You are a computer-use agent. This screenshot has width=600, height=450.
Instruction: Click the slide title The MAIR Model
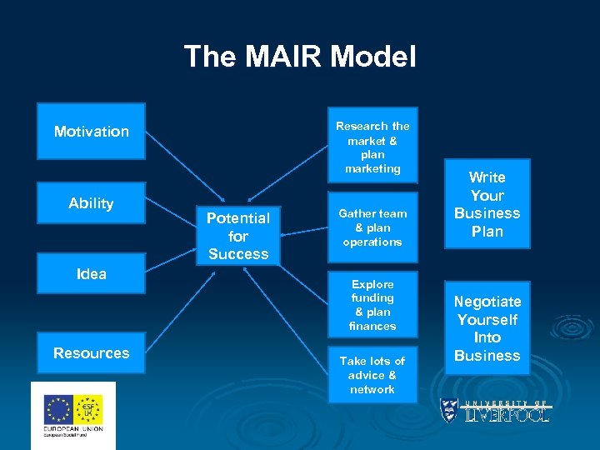click(x=299, y=57)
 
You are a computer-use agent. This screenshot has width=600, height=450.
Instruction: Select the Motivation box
click(x=91, y=131)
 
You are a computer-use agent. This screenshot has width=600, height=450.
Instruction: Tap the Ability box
click(x=91, y=203)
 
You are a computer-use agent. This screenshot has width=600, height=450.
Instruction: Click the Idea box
click(x=91, y=274)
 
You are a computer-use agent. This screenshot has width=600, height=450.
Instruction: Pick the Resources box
click(x=91, y=352)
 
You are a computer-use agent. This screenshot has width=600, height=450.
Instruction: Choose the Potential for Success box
click(x=238, y=236)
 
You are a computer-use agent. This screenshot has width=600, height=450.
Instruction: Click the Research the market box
click(x=372, y=147)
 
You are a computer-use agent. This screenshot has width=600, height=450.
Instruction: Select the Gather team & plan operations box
click(x=372, y=227)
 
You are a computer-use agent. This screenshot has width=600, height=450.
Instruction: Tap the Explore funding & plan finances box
click(x=372, y=305)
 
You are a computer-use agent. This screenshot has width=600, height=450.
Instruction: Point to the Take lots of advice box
click(x=372, y=375)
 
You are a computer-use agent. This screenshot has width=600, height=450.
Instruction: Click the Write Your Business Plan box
click(x=487, y=204)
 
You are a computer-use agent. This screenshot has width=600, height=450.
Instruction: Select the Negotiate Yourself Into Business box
click(x=487, y=328)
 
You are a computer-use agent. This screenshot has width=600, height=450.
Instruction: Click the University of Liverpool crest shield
click(x=449, y=409)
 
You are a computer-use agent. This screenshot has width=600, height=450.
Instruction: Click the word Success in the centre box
click(x=238, y=254)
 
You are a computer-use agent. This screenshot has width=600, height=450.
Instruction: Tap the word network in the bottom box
click(x=372, y=389)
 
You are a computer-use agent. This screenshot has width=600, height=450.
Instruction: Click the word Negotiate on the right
click(x=487, y=302)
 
